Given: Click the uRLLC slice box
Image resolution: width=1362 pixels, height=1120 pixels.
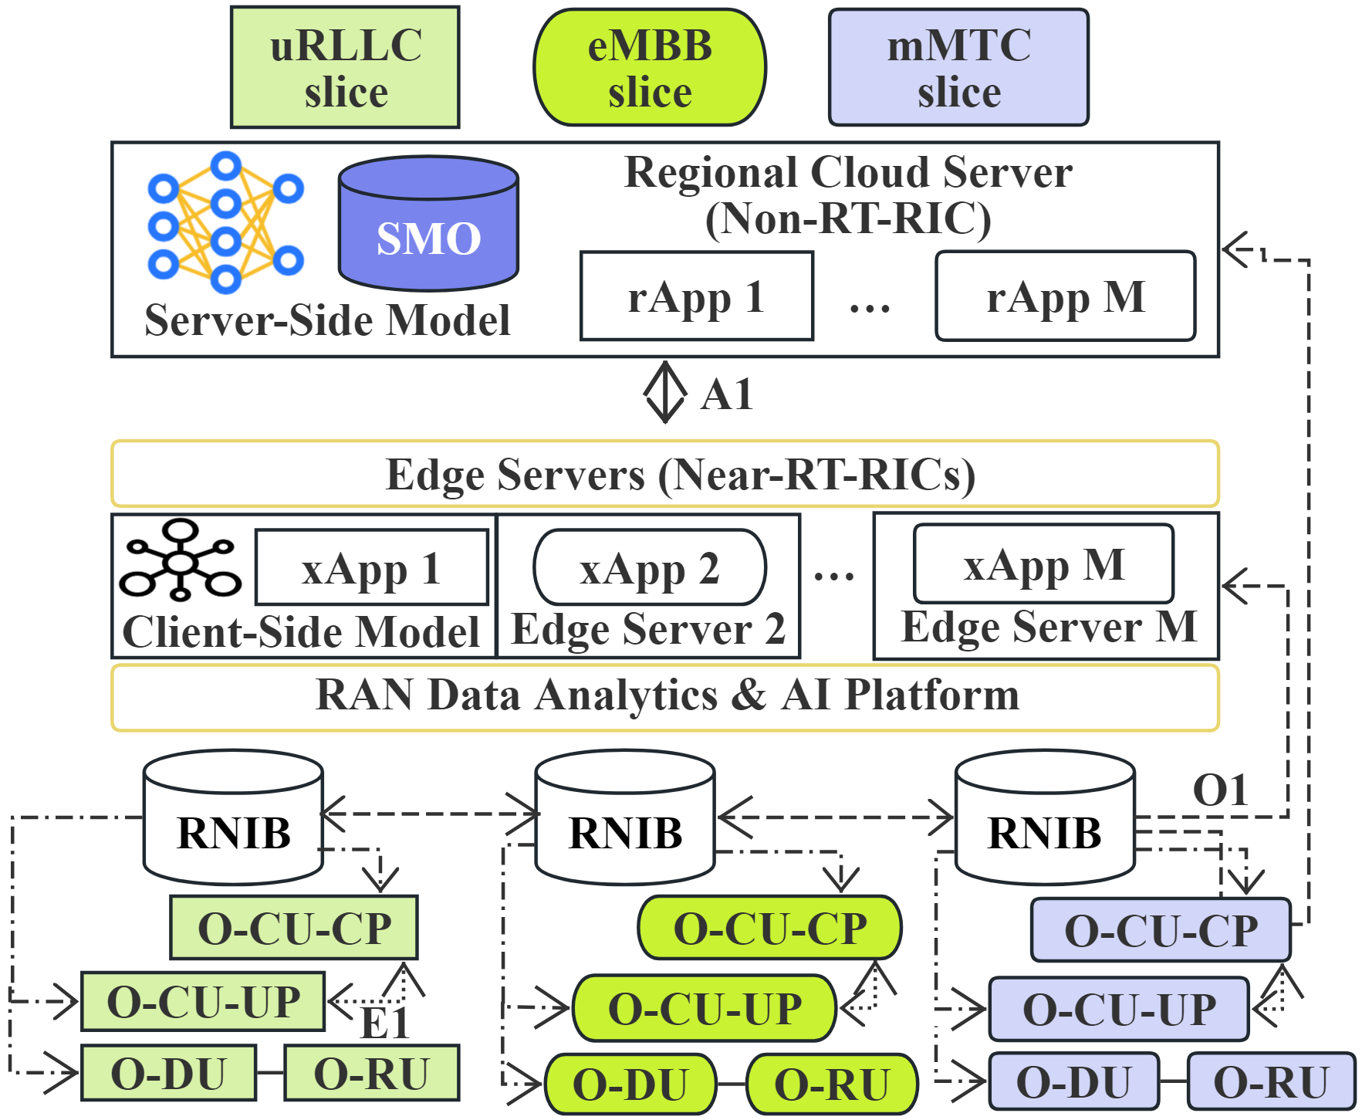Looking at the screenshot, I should [x=345, y=67].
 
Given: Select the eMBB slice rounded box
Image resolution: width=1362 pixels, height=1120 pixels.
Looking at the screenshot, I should [x=650, y=67].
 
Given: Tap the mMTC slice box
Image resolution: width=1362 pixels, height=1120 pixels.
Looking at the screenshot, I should [x=958, y=67].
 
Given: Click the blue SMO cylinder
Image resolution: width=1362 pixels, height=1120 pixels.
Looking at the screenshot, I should [x=428, y=224].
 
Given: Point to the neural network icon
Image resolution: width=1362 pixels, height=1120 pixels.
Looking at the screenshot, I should [x=225, y=222].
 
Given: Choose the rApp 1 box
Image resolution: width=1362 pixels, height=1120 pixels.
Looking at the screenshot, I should [x=697, y=296].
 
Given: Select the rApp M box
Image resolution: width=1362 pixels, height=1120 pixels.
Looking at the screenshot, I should [x=1066, y=296].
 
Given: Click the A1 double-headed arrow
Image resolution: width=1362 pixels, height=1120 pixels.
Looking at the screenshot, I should [x=664, y=393].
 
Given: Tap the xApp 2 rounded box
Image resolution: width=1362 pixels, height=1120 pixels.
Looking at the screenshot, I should [x=650, y=568].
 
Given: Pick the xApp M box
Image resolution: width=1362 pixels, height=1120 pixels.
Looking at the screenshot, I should [x=1043, y=564].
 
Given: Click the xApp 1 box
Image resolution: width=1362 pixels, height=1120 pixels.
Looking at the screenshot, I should [x=372, y=568].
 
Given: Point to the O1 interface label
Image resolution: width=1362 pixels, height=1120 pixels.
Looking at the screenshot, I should [x=1220, y=790].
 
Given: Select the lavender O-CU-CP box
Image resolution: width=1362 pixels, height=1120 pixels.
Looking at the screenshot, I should [x=1161, y=930].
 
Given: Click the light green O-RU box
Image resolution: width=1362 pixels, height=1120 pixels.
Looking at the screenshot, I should [x=371, y=1073].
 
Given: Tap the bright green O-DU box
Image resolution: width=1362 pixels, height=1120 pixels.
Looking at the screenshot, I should [x=630, y=1084].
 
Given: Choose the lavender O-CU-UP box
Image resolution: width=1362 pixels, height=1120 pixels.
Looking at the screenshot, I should [x=1119, y=1009].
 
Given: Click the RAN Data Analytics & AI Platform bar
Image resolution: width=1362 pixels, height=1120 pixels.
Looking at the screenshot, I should [x=665, y=696].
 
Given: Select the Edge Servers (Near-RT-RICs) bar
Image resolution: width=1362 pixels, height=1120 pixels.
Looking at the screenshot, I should [x=665, y=474].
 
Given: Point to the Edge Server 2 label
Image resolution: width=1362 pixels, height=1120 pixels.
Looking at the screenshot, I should [x=648, y=629].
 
